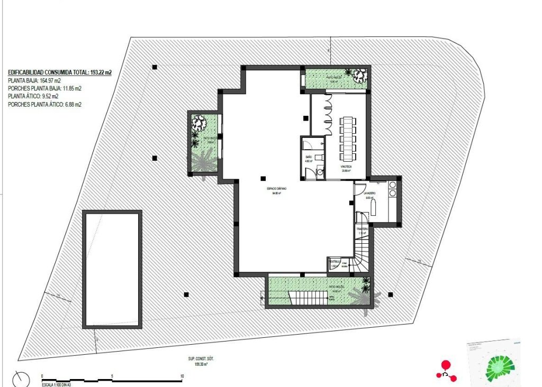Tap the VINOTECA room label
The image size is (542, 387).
[x=347, y=167]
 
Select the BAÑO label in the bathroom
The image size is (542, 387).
[x=309, y=158]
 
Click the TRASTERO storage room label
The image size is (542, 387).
[x=362, y=229]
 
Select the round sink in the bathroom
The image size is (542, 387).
[x=320, y=171]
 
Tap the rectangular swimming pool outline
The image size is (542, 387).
[x=112, y=269]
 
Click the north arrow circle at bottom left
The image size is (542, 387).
[x=21, y=379]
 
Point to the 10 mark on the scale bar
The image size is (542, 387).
[x=182, y=376]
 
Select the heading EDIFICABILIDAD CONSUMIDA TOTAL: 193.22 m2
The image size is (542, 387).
[x=60, y=72]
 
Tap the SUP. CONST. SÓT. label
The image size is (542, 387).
[x=201, y=358]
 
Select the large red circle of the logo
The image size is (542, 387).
[x=446, y=364]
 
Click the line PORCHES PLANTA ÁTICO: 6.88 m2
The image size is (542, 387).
[x=44, y=105]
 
